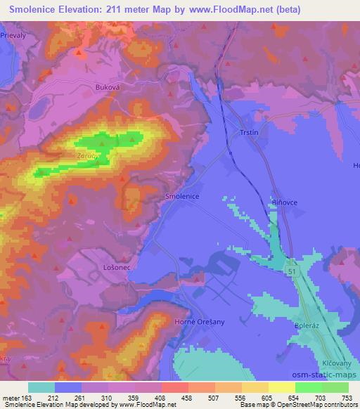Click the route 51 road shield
[291, 271]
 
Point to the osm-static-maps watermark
[323, 381]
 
